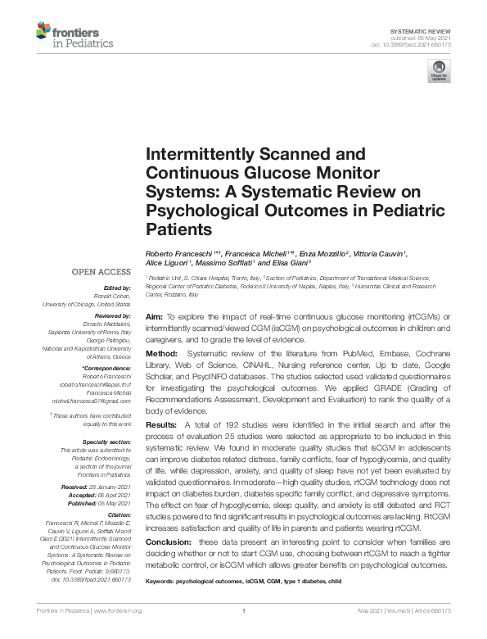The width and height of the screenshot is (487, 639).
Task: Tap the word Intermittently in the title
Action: (x=197, y=153)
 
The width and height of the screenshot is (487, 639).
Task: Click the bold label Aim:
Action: (x=153, y=315)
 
